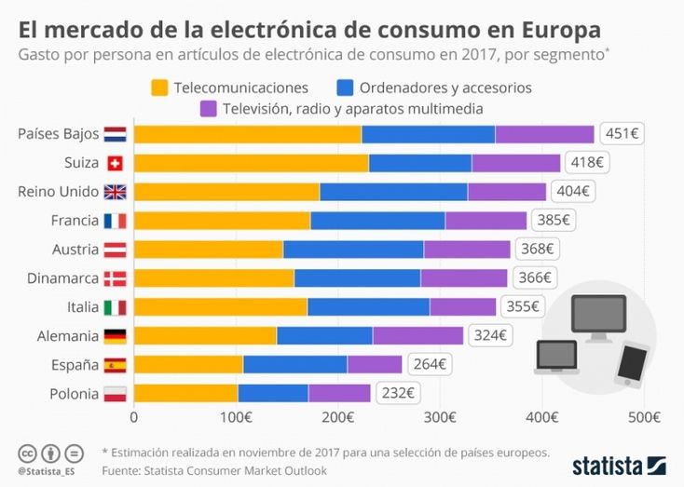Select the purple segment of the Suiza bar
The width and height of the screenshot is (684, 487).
pyautogui.click(x=515, y=163)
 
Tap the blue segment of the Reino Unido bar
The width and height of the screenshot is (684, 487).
pyautogui.click(x=393, y=192)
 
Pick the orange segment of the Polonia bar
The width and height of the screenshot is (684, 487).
pyautogui.click(x=185, y=393)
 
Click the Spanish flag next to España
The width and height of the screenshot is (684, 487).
pyautogui.click(x=115, y=364)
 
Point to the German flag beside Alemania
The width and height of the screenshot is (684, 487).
pyautogui.click(x=115, y=335)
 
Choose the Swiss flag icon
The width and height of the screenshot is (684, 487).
pyautogui.click(x=115, y=163)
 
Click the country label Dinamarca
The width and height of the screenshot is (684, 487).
pyautogui.click(x=63, y=277)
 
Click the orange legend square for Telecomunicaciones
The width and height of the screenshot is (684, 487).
pyautogui.click(x=158, y=88)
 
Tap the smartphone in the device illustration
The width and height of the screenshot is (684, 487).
pyautogui.click(x=633, y=364)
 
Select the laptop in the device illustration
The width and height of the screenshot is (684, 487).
pyautogui.click(x=557, y=357)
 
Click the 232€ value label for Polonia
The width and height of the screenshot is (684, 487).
pyautogui.click(x=399, y=393)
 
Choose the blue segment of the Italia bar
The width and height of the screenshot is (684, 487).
pyautogui.click(x=368, y=306)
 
